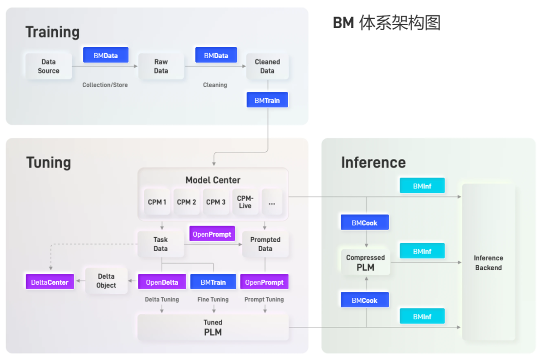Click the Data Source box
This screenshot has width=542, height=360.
pyautogui.click(x=48, y=66)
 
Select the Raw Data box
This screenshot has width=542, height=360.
pyautogui.click(x=161, y=66)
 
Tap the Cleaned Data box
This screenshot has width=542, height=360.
pyautogui.click(x=267, y=66)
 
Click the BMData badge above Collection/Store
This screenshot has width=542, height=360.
pyautogui.click(x=105, y=55)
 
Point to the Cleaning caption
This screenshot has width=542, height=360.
pyautogui.click(x=215, y=85)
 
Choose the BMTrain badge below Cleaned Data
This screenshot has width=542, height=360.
pyautogui.click(x=267, y=100)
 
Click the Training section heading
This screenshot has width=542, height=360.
pyautogui.click(x=53, y=32)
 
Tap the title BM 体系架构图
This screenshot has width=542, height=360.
pyautogui.click(x=386, y=23)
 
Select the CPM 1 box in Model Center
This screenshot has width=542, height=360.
pyautogui.click(x=157, y=202)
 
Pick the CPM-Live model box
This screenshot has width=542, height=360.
pyautogui.click(x=245, y=202)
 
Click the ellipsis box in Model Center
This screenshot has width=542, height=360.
pyautogui.click(x=272, y=203)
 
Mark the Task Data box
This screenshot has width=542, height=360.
pyautogui.click(x=161, y=244)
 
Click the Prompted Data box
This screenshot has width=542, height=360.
pyautogui.click(x=265, y=244)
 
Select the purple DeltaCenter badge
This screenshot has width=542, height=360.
pyautogui.click(x=50, y=282)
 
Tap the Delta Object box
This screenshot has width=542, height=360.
pyautogui.click(x=106, y=281)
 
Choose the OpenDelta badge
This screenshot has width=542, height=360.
pyautogui.click(x=162, y=282)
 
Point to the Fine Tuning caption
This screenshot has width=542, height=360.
pyautogui.click(x=213, y=300)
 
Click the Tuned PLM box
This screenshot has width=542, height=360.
pyautogui.click(x=213, y=327)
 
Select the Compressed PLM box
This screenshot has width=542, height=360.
pyautogui.click(x=365, y=262)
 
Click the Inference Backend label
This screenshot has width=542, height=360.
pyautogui.click(x=488, y=263)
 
